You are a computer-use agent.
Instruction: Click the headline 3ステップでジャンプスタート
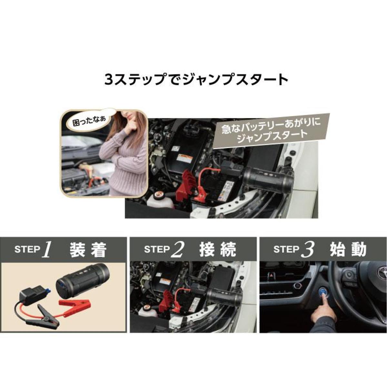click(196, 80)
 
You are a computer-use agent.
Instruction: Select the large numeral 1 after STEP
click(46, 250)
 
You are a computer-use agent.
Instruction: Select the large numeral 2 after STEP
click(178, 250)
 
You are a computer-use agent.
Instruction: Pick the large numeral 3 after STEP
click(307, 250)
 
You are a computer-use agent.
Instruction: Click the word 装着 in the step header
click(88, 250)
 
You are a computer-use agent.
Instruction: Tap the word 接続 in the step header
click(217, 250)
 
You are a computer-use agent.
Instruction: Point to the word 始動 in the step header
click(348, 250)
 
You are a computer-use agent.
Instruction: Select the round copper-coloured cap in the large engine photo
click(158, 194)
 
